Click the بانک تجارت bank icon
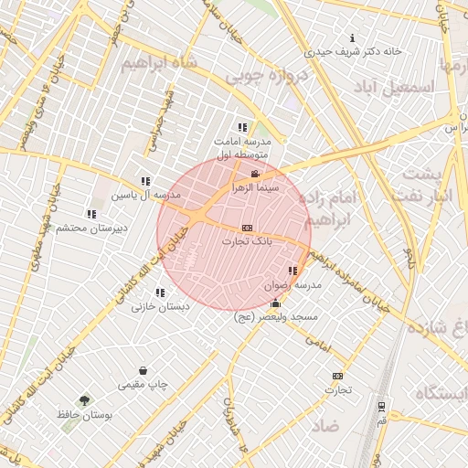tap(246, 228)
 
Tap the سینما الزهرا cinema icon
tap(254, 174)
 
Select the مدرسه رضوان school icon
tap(292, 271)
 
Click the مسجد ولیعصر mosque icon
tap(275, 303)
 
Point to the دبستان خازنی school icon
tap(160, 293)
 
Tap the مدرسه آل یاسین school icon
tap(145, 181)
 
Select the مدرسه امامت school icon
tap(242, 128)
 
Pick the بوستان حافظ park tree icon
tap(85, 400)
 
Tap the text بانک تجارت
tap(247, 241)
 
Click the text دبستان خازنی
tap(161, 307)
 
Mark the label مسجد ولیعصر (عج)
tap(275, 316)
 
